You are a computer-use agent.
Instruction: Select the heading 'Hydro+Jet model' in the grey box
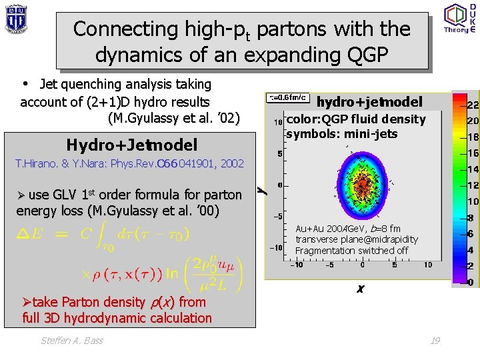pyautogui.click(x=131, y=145)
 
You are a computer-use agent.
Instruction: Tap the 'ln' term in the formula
pyautogui.click(x=171, y=272)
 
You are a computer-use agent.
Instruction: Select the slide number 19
pyautogui.click(x=435, y=341)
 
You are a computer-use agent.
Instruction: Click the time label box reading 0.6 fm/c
pyautogui.click(x=288, y=97)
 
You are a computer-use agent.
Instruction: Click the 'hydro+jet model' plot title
pyautogui.click(x=369, y=102)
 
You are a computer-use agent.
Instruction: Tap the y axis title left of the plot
pyautogui.click(x=263, y=191)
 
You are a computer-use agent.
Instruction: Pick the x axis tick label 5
pyautogui.click(x=395, y=265)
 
